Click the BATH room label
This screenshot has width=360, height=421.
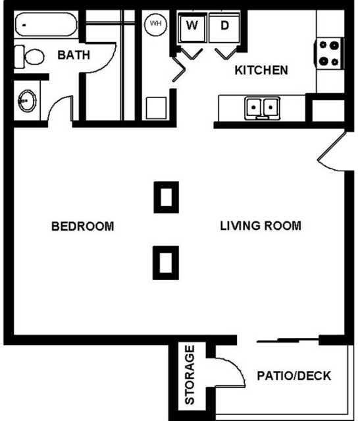click(73, 55)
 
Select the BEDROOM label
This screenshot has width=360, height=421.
click(82, 227)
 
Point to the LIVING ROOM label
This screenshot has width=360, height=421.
click(260, 226)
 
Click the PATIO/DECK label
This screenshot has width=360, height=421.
click(294, 376)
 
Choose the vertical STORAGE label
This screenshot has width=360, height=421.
click(190, 375)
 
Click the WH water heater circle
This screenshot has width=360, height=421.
click(156, 24)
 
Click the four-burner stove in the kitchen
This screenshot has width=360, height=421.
click(330, 53)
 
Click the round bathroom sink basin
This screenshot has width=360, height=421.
click(26, 101)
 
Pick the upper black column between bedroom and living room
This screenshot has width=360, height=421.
click(166, 197)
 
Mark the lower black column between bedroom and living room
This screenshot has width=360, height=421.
click(166, 262)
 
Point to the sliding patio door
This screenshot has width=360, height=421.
click(290, 341)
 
